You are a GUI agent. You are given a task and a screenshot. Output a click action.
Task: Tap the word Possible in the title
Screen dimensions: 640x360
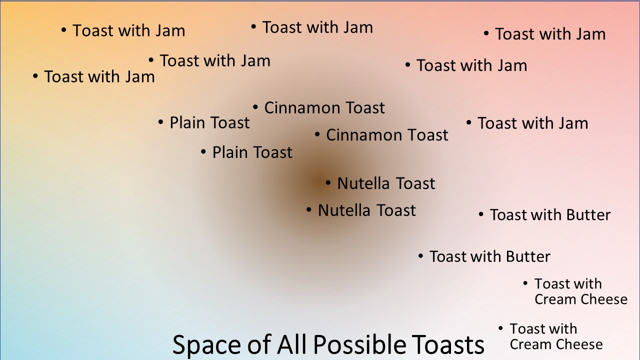pos(359,344)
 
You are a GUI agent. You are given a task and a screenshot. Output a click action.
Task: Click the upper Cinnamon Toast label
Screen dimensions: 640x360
pos(324,107)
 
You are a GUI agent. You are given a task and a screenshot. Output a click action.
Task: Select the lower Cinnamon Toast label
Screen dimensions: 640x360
pos(387,135)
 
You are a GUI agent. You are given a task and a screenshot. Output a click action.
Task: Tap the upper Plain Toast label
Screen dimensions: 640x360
pos(209,122)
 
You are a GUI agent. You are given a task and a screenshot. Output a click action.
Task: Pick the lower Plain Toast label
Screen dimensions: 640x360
pos(252,152)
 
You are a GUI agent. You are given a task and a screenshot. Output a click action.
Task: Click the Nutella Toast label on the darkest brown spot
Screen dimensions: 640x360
pos(386,183)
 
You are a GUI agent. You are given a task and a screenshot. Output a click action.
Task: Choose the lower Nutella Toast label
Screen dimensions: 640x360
pos(367,210)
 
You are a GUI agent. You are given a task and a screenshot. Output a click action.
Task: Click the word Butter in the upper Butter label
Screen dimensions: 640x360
pos(588,215)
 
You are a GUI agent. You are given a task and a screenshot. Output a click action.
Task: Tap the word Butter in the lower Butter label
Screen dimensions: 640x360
pos(528,256)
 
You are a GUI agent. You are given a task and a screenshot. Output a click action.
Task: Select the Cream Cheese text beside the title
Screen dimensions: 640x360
pos(556,344)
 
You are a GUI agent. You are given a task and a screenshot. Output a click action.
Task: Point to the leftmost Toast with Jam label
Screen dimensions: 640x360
pos(99,76)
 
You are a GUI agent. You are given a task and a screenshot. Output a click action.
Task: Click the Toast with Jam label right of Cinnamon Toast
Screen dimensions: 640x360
pos(533,123)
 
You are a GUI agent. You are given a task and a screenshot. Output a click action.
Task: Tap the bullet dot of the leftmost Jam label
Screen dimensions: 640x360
pos(35,76)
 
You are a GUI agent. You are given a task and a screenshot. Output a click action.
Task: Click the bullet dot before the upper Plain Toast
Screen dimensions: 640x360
pos(160,122)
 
